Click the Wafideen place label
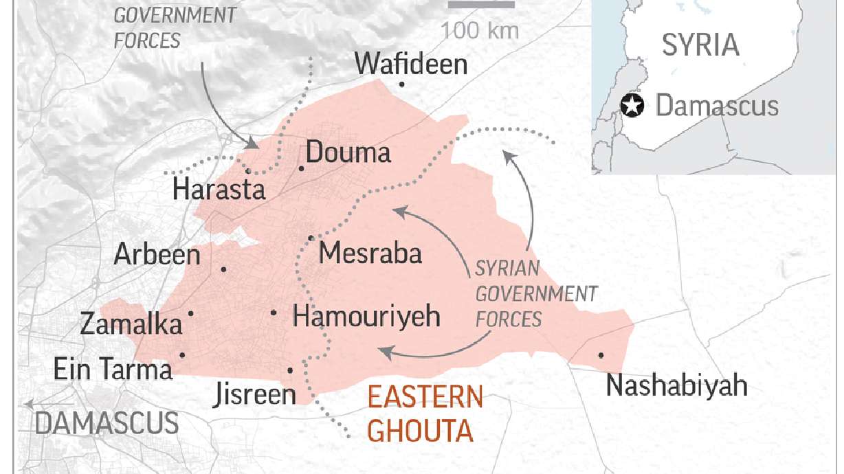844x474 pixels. (x=411, y=65)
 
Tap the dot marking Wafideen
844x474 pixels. (x=401, y=84)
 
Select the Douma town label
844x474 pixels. (x=348, y=153)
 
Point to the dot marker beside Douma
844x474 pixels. (x=301, y=168)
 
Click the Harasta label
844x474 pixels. (x=219, y=189)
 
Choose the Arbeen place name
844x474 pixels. (x=157, y=255)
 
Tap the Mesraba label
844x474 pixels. (x=370, y=253)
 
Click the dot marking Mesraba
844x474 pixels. (x=311, y=238)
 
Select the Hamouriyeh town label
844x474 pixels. (x=366, y=317)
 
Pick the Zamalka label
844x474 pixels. (x=131, y=324)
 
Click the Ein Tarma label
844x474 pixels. (x=113, y=370)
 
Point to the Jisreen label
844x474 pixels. (x=254, y=395)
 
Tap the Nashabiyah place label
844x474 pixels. (x=676, y=386)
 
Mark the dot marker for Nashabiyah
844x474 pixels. (x=601, y=355)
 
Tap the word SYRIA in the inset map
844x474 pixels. (x=700, y=45)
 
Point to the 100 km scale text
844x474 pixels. (x=480, y=30)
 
